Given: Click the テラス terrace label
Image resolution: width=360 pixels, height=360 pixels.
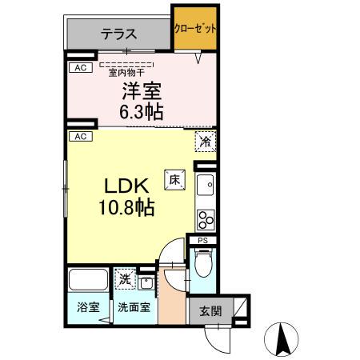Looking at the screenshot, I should [x=119, y=34].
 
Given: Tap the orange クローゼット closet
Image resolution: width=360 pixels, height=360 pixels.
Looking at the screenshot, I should [x=195, y=29].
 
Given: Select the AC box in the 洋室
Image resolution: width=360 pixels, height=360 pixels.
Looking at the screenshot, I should [x=80, y=68].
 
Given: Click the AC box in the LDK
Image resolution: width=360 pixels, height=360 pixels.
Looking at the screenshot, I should [x=80, y=136].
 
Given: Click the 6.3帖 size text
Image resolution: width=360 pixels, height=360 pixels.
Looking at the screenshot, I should [x=142, y=111].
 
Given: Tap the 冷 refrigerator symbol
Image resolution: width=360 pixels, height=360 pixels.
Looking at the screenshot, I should [x=206, y=142].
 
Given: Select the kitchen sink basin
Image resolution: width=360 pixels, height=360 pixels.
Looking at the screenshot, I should [x=206, y=186].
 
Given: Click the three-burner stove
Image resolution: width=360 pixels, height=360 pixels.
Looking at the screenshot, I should [x=206, y=218].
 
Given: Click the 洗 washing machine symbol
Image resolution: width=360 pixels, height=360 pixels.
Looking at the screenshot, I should [x=125, y=279].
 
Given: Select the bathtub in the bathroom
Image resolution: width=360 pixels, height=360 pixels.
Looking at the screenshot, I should [x=88, y=281].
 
